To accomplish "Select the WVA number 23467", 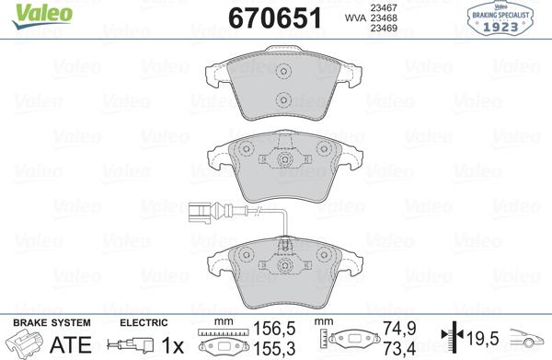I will pyautogui.click(x=382, y=6).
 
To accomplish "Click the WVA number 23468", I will pyautogui.click(x=382, y=17).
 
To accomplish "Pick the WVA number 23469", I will pyautogui.click(x=382, y=29).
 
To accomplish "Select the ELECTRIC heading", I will pyautogui.click(x=144, y=322).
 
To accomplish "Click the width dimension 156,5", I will pyautogui.click(x=272, y=327).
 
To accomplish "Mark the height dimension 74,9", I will pyautogui.click(x=392, y=327).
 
